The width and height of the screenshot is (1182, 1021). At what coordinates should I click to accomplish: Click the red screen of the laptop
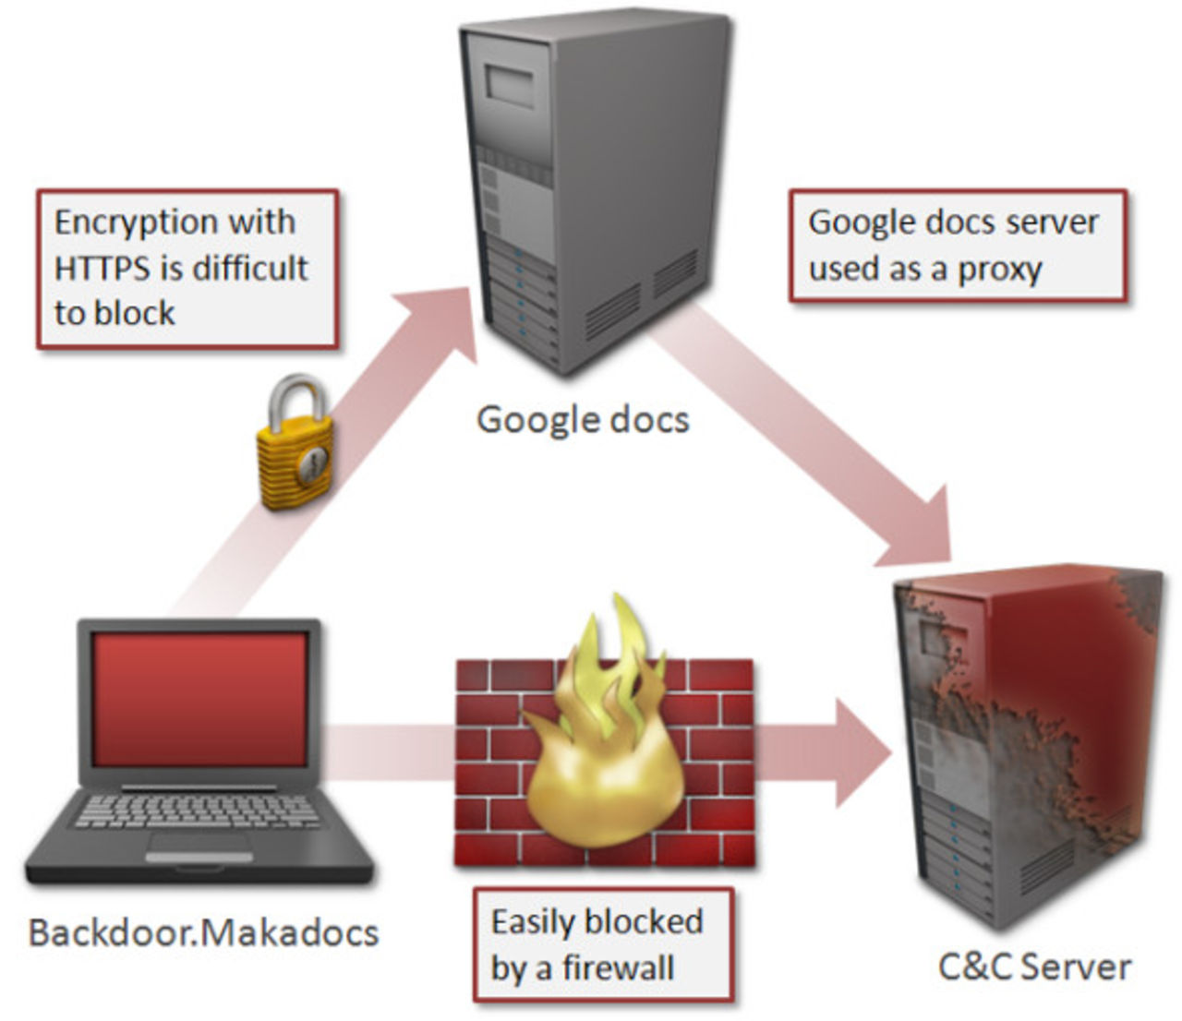(x=199, y=699)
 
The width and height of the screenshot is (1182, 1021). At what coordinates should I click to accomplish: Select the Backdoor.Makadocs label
(x=203, y=932)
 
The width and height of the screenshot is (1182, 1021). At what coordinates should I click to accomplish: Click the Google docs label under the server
(x=583, y=420)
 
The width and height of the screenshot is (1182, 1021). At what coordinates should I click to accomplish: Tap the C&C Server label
(x=1034, y=967)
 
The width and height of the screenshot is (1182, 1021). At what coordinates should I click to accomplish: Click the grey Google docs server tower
(x=596, y=185)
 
